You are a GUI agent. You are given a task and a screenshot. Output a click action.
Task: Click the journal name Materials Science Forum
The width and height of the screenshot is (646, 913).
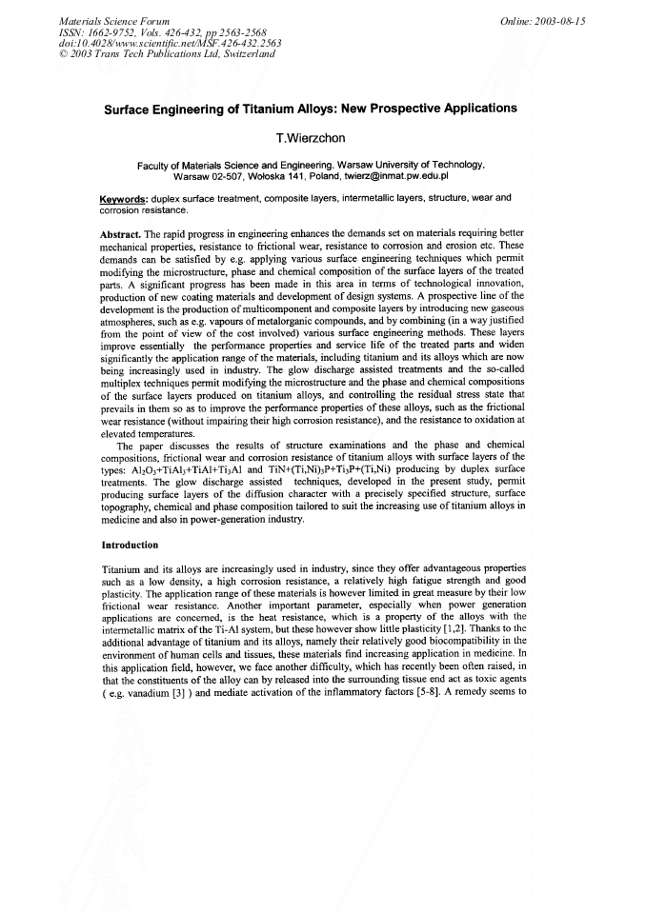tap(102, 20)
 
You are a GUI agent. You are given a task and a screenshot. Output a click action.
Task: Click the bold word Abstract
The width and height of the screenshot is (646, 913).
tap(121, 233)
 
